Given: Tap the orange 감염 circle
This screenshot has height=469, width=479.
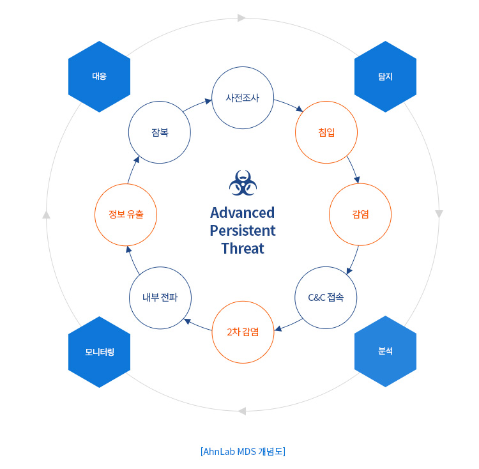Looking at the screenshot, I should coord(360,214).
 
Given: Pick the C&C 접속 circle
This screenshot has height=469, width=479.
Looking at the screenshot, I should coord(326,298).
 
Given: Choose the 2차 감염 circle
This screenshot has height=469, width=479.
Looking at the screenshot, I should coord(243,332).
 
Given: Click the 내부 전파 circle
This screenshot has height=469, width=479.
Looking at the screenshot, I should coord(160,298).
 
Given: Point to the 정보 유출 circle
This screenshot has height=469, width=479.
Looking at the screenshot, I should coord(125,214).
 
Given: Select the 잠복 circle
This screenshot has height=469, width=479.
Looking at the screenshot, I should coord(160,132).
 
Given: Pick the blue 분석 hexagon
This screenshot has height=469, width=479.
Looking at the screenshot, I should coord(385,351).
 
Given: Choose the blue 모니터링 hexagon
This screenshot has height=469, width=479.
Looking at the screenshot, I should coord(99,352).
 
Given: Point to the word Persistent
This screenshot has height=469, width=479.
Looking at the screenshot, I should coord(243,230).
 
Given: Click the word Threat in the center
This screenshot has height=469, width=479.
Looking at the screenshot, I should coord(243,249).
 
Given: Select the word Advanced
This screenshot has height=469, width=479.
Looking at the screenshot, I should coord(243,212).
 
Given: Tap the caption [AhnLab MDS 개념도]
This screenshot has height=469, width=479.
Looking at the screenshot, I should coord(243,451).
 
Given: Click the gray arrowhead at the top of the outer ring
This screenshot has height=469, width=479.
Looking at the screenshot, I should coord(241,18).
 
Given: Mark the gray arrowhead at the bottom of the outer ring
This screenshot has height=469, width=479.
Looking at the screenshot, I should coord(241,411).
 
